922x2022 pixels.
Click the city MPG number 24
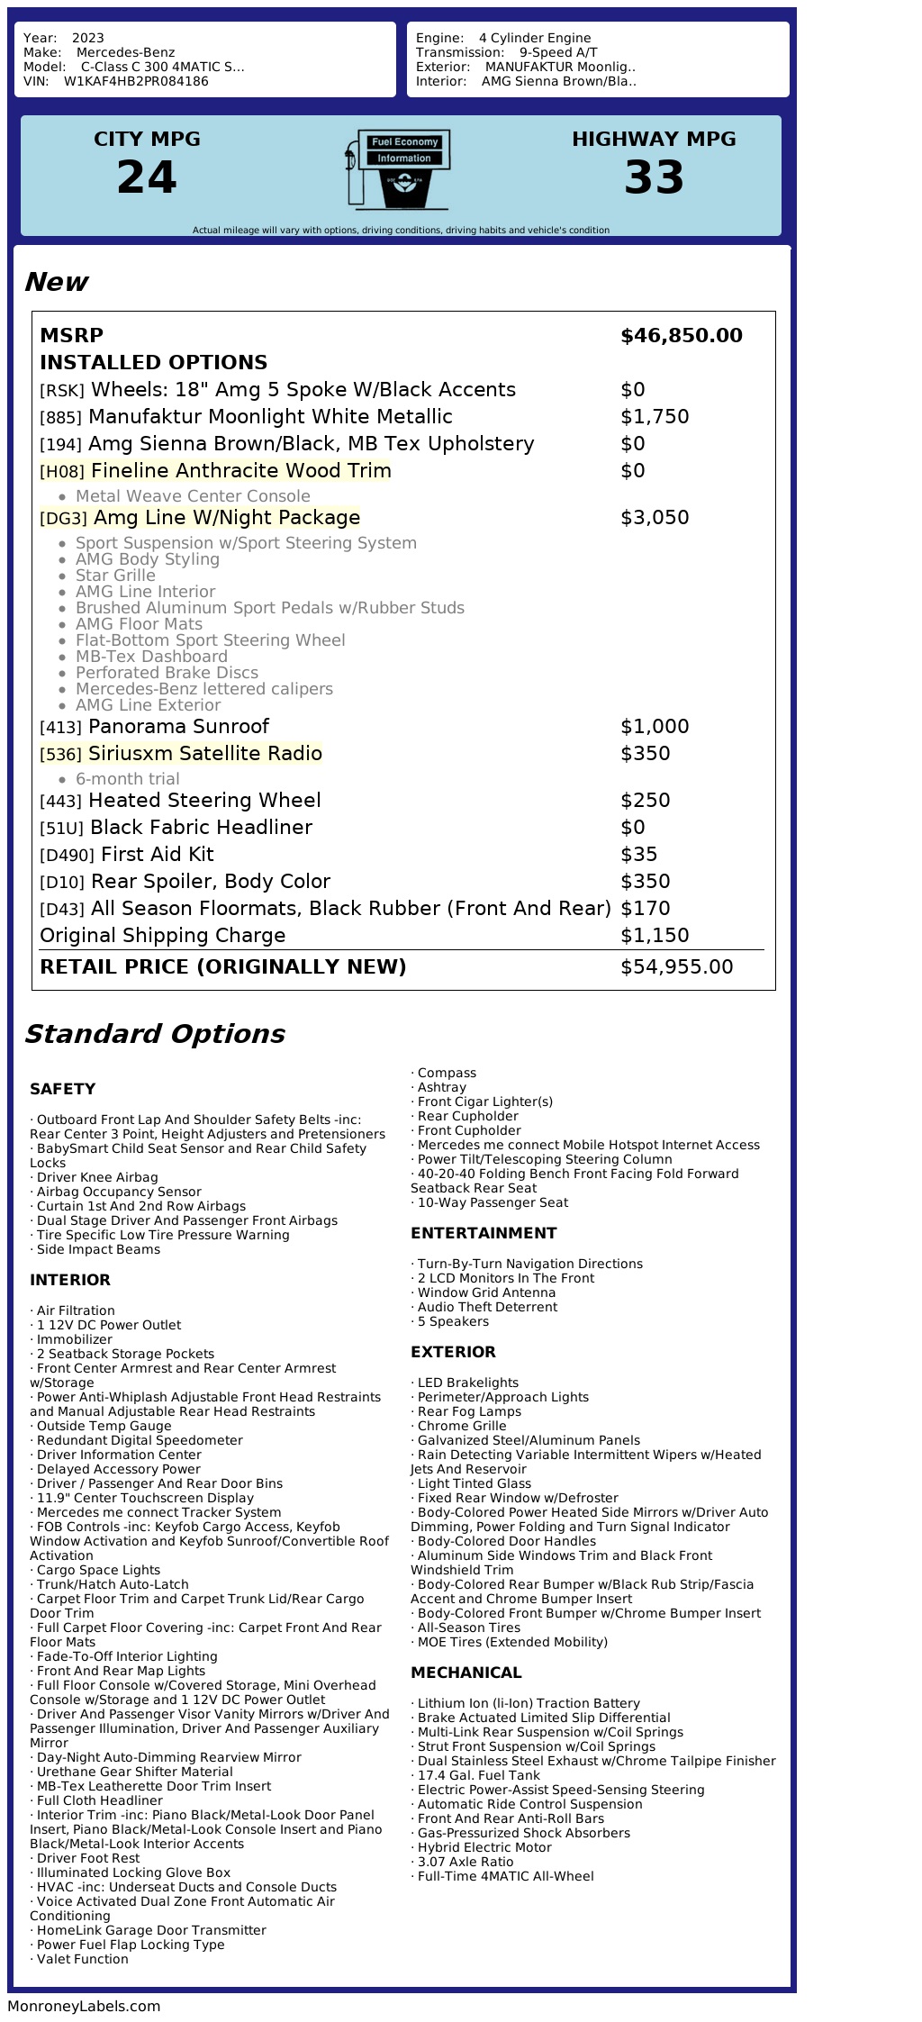[x=147, y=177]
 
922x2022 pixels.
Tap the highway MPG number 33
[x=654, y=177]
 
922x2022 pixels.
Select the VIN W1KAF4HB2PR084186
[x=136, y=81]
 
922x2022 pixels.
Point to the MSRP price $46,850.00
[x=681, y=336]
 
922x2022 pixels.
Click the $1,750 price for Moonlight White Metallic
[x=655, y=417]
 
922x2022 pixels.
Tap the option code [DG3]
[x=63, y=519]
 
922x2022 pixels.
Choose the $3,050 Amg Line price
[x=655, y=518]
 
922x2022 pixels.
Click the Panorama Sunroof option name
[x=178, y=727]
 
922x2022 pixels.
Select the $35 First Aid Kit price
[x=638, y=855]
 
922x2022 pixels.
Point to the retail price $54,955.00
[x=676, y=967]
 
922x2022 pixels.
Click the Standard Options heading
[x=154, y=1034]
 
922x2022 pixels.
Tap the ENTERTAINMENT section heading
[x=484, y=1233]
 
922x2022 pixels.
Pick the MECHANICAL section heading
[x=466, y=1673]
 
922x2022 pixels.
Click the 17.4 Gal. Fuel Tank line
[x=478, y=1775]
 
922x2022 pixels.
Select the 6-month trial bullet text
[x=127, y=779]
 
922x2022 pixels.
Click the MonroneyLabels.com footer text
[x=84, y=2006]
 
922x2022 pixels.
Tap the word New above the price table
[x=56, y=282]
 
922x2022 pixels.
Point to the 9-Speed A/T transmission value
[x=558, y=52]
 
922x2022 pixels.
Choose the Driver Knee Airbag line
[x=96, y=1177]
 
